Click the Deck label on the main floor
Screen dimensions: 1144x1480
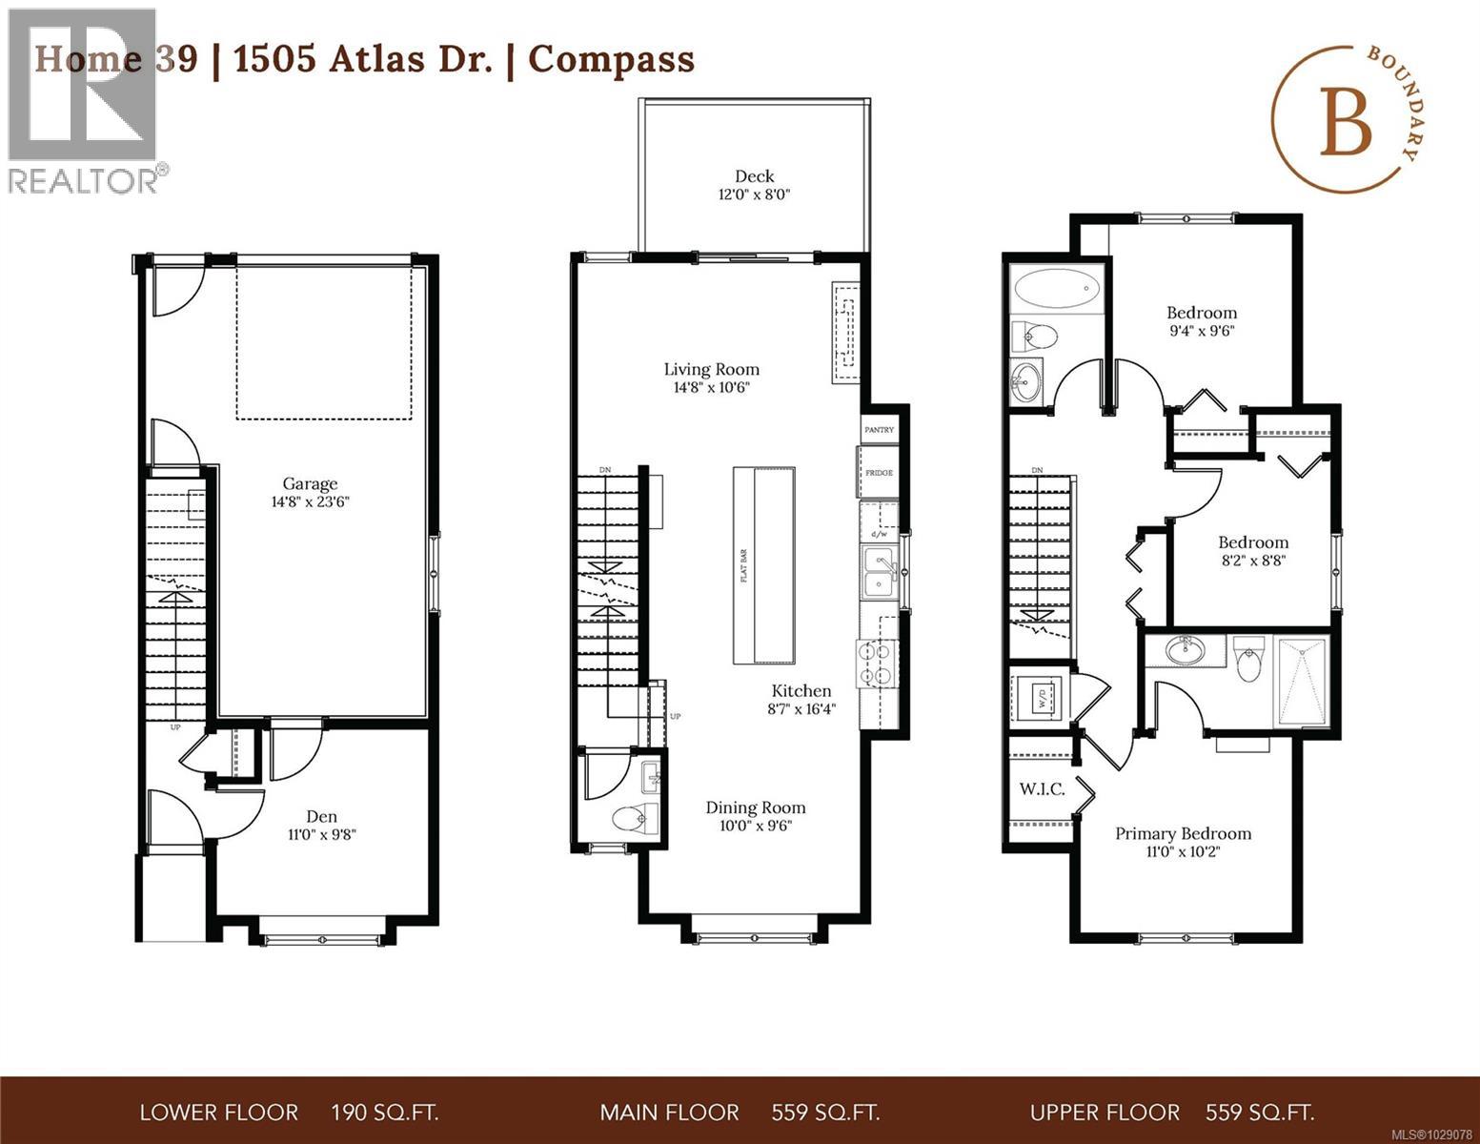pyautogui.click(x=754, y=176)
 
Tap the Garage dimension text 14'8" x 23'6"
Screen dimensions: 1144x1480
pyautogui.click(x=310, y=502)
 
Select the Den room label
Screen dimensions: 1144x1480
pyautogui.click(x=321, y=816)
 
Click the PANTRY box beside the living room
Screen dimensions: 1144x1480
pyautogui.click(x=879, y=430)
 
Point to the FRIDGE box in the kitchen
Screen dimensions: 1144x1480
pyautogui.click(x=878, y=472)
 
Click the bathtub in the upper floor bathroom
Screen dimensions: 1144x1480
pyautogui.click(x=1056, y=288)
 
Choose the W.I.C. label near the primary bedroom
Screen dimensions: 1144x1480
pyautogui.click(x=1042, y=789)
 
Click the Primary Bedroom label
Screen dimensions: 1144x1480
pyautogui.click(x=1183, y=833)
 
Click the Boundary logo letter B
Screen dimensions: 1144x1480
pyautogui.click(x=1345, y=126)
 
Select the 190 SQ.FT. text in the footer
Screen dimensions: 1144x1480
pyautogui.click(x=384, y=1113)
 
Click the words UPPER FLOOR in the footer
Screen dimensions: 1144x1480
pyautogui.click(x=1104, y=1113)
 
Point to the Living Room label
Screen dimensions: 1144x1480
pyautogui.click(x=711, y=369)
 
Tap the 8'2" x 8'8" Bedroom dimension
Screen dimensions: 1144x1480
pyautogui.click(x=1252, y=562)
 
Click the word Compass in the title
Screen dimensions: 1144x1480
pyautogui.click(x=611, y=59)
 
